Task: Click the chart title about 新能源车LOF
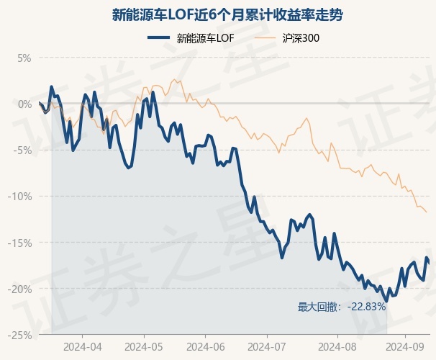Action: point(227,15)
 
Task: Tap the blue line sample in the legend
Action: point(158,38)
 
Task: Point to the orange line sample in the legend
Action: point(265,38)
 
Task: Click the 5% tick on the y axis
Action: point(24,58)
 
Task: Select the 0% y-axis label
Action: point(24,104)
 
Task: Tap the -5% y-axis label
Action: point(22,150)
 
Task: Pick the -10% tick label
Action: point(19,197)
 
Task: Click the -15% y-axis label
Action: point(19,243)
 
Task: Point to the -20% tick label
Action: point(19,289)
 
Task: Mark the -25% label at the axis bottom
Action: point(19,336)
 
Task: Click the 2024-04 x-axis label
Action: point(83,347)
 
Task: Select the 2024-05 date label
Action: point(144,347)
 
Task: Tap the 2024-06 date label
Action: point(206,347)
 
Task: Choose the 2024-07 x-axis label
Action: point(267,347)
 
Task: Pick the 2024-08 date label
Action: point(337,347)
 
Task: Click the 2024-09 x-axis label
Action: point(405,347)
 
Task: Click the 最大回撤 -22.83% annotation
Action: point(342,307)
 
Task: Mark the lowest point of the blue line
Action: point(386,301)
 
